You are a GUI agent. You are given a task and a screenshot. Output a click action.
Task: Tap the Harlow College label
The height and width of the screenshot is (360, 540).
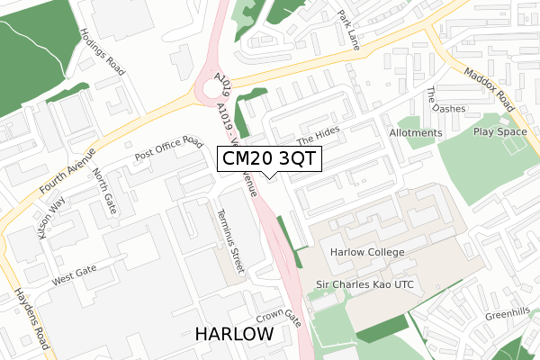tap(366, 252)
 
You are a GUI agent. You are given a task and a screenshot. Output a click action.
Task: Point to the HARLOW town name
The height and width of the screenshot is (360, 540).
tap(234, 334)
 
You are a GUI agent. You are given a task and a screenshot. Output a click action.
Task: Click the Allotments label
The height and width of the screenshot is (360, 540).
tap(416, 133)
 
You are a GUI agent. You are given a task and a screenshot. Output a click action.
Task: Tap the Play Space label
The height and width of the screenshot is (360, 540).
tap(499, 132)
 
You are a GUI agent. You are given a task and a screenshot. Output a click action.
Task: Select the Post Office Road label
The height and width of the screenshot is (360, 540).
tap(169, 149)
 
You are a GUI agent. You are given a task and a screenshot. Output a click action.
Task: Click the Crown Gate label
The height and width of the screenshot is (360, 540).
tap(277, 318)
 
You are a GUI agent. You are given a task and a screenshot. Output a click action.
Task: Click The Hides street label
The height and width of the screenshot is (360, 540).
tap(318, 135)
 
